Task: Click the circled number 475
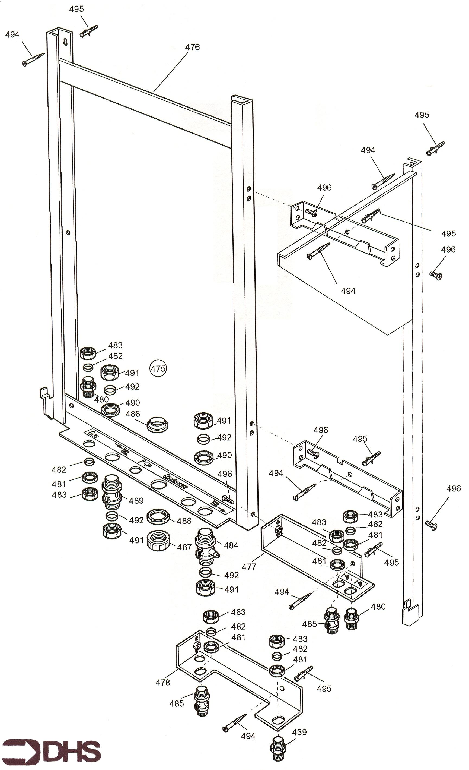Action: [x=158, y=369]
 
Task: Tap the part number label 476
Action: [x=192, y=47]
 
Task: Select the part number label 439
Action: [x=299, y=732]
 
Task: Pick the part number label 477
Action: [x=249, y=567]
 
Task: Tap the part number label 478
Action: [x=163, y=682]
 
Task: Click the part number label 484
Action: [x=231, y=545]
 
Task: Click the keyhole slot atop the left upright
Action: [x=66, y=42]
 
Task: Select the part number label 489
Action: [x=136, y=501]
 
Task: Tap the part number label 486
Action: [x=133, y=414]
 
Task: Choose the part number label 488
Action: [x=184, y=521]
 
